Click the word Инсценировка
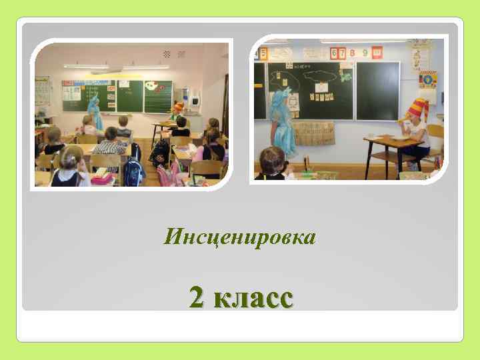pyautogui.click(x=239, y=236)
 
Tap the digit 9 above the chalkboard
pyautogui.click(x=363, y=52)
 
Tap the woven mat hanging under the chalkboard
pyautogui.click(x=317, y=133)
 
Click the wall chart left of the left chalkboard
pyautogui.click(x=43, y=90)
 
